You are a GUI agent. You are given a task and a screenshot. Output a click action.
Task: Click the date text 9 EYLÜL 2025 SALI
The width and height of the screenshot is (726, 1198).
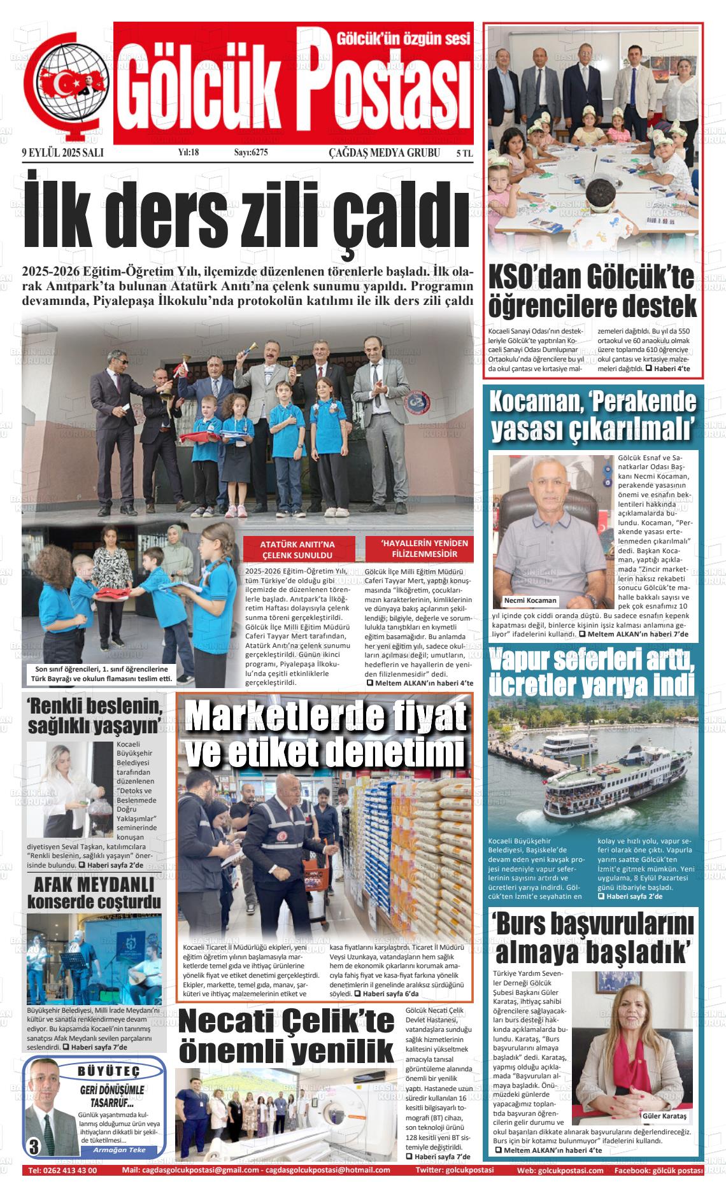pos(62,153)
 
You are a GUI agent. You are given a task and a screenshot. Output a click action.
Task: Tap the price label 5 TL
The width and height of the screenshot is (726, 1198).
pos(464,153)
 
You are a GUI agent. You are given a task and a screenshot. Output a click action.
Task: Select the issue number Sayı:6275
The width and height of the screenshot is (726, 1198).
pos(251,153)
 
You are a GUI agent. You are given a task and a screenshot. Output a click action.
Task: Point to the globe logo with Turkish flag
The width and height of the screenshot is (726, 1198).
pos(64,85)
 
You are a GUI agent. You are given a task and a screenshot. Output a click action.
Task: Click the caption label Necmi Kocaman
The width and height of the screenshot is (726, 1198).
pos(530,600)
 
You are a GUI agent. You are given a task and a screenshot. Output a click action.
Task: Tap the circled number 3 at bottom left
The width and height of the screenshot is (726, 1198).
pos(33,1147)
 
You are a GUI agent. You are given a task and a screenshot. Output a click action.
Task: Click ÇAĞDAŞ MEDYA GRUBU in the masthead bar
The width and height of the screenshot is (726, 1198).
pos(384,153)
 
